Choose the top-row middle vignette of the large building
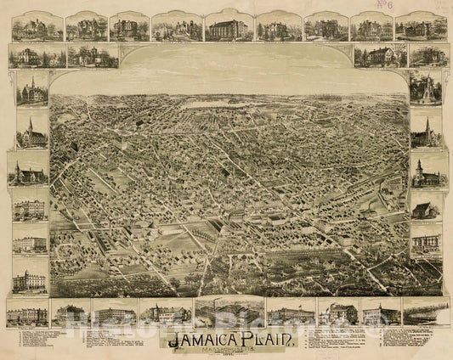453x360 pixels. (x=227, y=27)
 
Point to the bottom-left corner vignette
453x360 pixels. (x=27, y=313)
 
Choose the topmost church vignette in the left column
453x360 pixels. (x=32, y=87)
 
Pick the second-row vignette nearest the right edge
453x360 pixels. (x=427, y=56)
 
